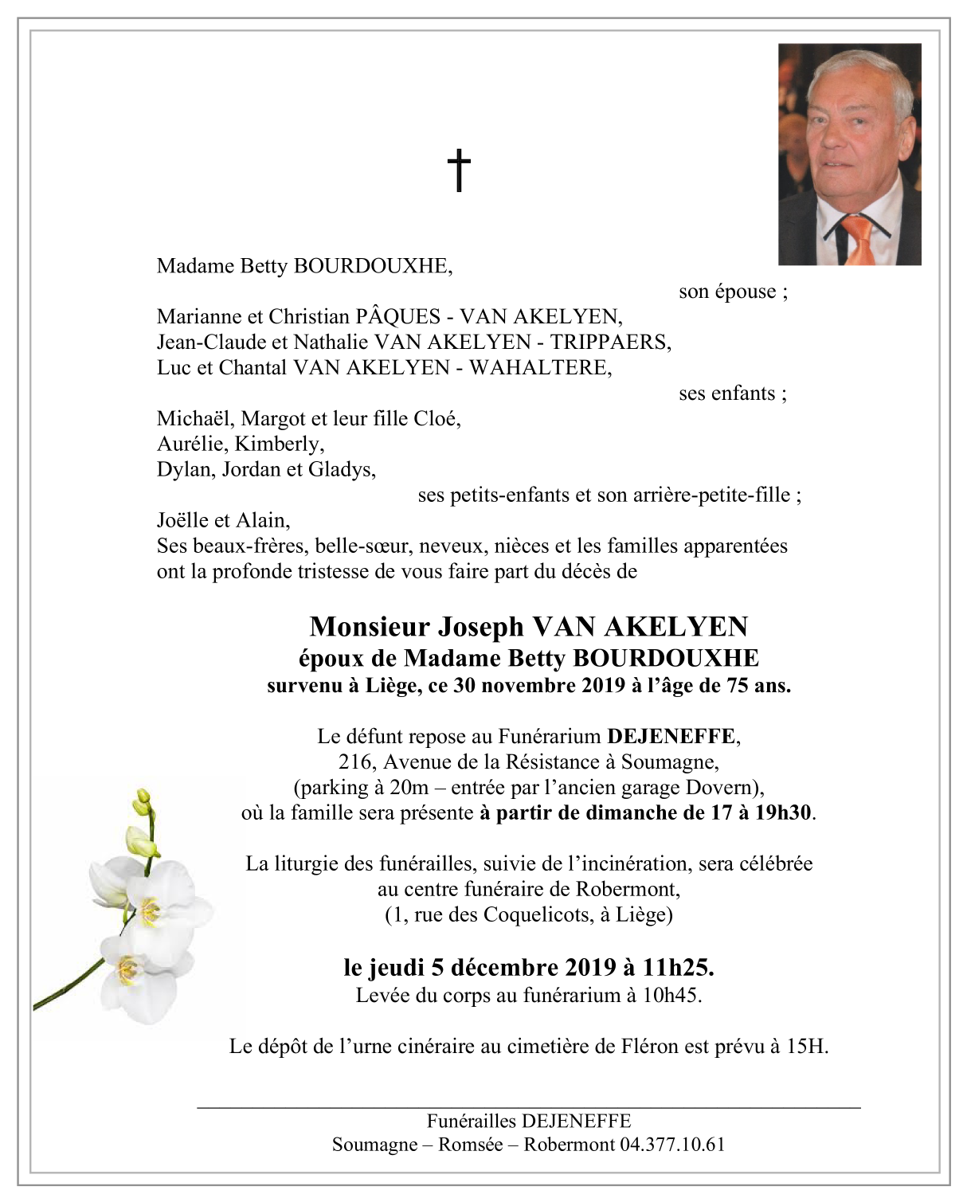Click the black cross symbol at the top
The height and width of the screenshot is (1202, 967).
click(459, 170)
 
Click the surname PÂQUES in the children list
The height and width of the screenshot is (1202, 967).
click(397, 317)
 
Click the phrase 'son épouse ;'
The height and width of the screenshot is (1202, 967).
click(733, 292)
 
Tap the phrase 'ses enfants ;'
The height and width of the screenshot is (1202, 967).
click(733, 393)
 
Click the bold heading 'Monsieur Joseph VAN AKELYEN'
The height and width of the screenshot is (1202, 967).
click(529, 627)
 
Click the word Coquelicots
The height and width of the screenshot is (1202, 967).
click(535, 915)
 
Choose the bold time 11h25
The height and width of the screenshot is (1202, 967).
click(678, 968)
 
